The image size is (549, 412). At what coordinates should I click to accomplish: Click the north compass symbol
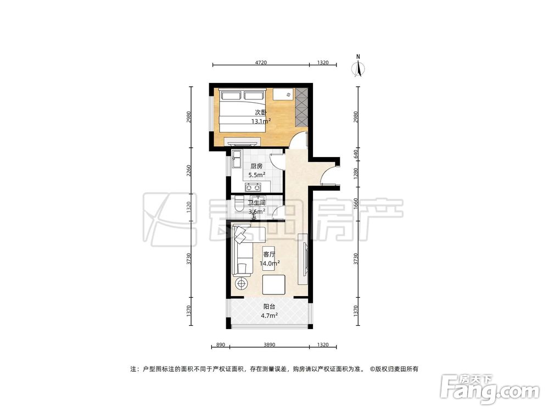tap(358, 66)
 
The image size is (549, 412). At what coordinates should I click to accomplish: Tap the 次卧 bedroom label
tap(260, 113)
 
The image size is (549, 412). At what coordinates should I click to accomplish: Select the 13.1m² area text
tap(261, 121)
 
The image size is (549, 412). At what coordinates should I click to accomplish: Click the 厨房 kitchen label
tap(256, 166)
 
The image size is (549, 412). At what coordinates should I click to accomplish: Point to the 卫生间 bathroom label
tap(256, 203)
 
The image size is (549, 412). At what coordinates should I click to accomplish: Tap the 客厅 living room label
tap(269, 254)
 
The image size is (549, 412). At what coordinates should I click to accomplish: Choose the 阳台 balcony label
tap(269, 307)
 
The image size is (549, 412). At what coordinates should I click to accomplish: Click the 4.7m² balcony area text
tap(269, 315)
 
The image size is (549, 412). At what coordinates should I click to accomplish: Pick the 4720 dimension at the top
tap(261, 63)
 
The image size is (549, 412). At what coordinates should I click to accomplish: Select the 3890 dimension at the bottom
tap(269, 345)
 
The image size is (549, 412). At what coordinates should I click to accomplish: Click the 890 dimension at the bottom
tap(221, 345)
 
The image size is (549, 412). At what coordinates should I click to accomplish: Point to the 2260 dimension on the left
tap(189, 171)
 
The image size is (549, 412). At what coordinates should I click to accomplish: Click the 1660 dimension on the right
tap(356, 204)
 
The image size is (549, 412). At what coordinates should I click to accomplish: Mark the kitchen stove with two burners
tap(254, 187)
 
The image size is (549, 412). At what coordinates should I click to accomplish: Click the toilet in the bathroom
tap(240, 204)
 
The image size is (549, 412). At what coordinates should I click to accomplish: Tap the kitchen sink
tap(236, 159)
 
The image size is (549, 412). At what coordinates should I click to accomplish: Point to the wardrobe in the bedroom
tap(301, 108)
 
